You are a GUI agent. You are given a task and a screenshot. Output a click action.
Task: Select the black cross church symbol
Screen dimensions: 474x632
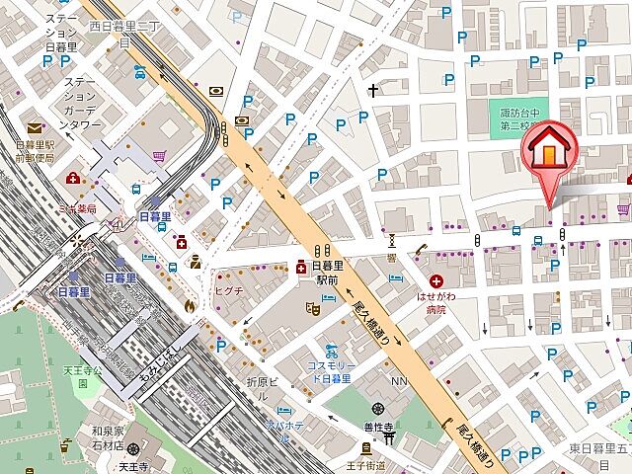point(373,92)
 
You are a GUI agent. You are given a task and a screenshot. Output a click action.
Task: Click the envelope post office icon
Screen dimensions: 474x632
point(36,127)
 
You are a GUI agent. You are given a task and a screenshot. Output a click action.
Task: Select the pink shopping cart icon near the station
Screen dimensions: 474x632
point(159,155)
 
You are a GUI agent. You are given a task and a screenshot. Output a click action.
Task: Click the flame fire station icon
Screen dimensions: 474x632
point(188,305)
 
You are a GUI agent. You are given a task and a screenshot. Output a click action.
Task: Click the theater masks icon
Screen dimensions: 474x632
point(313,308)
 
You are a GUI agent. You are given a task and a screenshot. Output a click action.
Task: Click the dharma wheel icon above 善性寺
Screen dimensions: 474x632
point(377,409)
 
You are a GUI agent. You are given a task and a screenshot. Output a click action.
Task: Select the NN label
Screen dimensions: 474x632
point(399,381)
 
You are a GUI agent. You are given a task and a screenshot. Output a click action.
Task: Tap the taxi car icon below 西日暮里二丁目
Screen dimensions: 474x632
point(139,70)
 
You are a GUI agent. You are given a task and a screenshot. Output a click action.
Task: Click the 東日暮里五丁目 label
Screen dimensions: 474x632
point(600,447)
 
